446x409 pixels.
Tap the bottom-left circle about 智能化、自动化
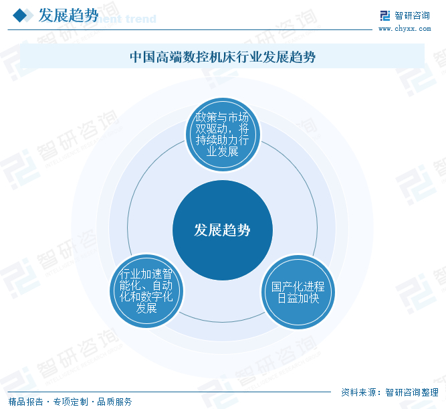(146, 291)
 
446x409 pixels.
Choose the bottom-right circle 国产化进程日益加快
(298, 291)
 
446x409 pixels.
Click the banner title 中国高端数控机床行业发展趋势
(222, 58)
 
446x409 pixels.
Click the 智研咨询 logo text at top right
(412, 15)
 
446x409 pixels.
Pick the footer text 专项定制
(70, 402)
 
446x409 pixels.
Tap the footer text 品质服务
(114, 402)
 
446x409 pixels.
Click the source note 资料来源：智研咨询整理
(389, 392)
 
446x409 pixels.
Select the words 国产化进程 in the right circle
(298, 286)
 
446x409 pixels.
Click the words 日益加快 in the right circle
(298, 298)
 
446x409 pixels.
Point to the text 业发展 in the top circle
(222, 151)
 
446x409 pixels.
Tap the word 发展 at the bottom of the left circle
(146, 309)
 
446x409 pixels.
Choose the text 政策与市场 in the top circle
(222, 116)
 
